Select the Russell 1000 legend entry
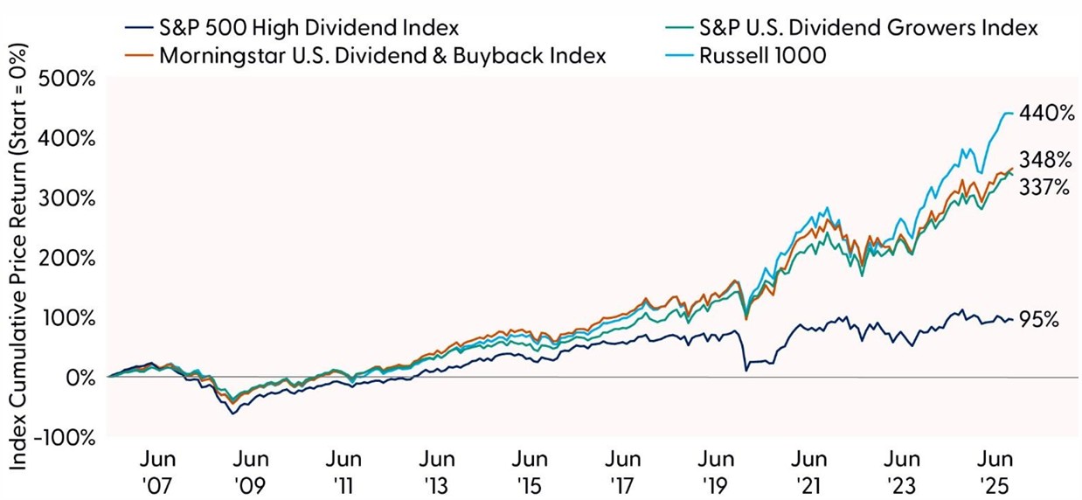(759, 56)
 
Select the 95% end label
(1040, 320)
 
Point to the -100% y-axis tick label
(64, 437)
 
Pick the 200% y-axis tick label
(66, 259)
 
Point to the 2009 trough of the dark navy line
(233, 413)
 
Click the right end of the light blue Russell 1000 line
(1012, 114)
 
